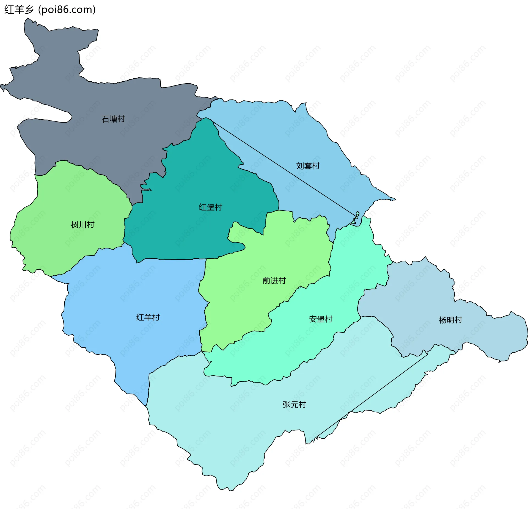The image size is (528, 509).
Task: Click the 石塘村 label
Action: pos(113,119)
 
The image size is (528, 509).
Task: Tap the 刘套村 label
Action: pos(308,166)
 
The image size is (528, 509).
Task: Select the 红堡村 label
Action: pos(210,207)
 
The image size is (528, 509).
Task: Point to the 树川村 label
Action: pos(82,225)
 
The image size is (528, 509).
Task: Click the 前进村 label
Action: pos(274,281)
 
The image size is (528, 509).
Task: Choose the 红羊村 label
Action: pos(148,317)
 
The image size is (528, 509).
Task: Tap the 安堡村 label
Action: pos(321,319)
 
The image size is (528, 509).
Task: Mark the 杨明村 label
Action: pos(450,320)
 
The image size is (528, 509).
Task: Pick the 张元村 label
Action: pos(294,405)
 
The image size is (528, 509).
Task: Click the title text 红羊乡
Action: pos(19,10)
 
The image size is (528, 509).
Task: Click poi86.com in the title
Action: pos(67,10)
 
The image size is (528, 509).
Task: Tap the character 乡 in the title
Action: pos(29,10)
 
